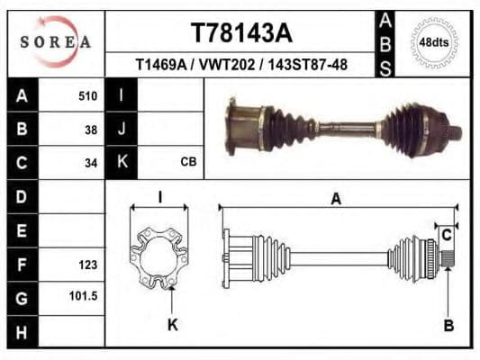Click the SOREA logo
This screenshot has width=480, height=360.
pos(56,42)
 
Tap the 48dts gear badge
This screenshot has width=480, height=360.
pos(434,42)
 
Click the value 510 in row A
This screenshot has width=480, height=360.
pos(87,94)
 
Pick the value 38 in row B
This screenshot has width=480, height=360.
pos(89,129)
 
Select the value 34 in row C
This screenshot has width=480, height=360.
pos(89,163)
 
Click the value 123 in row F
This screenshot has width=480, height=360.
pos(87,265)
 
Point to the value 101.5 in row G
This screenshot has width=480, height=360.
pos(84,295)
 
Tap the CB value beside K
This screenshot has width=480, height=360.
pos(188,162)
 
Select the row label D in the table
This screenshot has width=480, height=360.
pos(22,195)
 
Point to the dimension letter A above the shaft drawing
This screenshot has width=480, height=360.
pos(336,199)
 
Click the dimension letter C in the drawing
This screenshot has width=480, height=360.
pos(445,236)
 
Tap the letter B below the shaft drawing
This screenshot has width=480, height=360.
pos(448,325)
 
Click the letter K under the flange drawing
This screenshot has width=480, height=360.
pos(172,325)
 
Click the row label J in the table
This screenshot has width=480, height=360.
pos(121,129)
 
